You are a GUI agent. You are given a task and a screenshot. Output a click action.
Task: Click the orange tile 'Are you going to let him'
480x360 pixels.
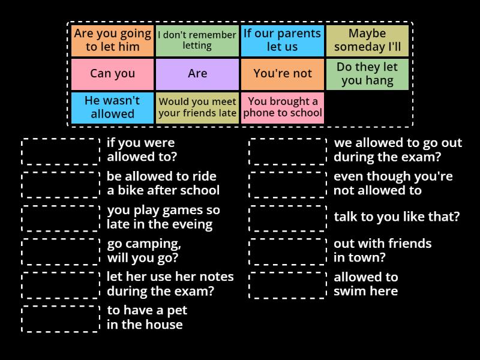[x=112, y=41]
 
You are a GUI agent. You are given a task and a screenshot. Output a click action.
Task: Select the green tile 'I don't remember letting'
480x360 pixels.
[x=197, y=41]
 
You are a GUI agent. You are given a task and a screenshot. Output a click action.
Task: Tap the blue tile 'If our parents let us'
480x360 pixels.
[x=282, y=41]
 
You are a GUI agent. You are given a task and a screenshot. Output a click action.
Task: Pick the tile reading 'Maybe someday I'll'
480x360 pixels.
[x=367, y=41]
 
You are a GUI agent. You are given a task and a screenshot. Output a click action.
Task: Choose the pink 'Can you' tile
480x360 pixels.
[x=112, y=74]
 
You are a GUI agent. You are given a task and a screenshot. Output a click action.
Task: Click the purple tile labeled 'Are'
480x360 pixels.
[x=197, y=74]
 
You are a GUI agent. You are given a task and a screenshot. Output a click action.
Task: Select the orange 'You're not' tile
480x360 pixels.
[x=282, y=74]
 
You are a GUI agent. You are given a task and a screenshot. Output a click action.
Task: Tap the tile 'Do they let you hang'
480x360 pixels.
[x=367, y=74]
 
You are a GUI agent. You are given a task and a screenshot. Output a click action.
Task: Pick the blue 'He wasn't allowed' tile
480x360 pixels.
[x=112, y=108]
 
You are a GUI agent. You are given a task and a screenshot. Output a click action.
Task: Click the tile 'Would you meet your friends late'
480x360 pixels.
[x=197, y=108]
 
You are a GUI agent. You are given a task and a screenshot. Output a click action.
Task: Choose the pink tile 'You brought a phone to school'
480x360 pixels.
[x=282, y=108]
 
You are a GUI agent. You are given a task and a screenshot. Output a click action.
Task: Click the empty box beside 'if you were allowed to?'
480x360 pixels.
[x=61, y=152]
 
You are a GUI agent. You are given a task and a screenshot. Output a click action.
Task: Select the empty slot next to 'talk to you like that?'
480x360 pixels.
[x=288, y=218]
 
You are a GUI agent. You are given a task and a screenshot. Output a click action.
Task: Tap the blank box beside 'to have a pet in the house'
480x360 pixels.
[x=61, y=319]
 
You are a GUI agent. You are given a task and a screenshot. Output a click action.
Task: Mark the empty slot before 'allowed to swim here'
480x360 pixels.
[x=288, y=286]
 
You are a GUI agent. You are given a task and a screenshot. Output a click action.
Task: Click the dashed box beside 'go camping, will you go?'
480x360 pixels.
[x=61, y=251]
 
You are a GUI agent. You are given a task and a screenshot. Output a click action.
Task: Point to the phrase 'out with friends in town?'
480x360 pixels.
[x=382, y=250]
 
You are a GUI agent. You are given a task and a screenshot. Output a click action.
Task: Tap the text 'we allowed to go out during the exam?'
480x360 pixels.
[x=398, y=149]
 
